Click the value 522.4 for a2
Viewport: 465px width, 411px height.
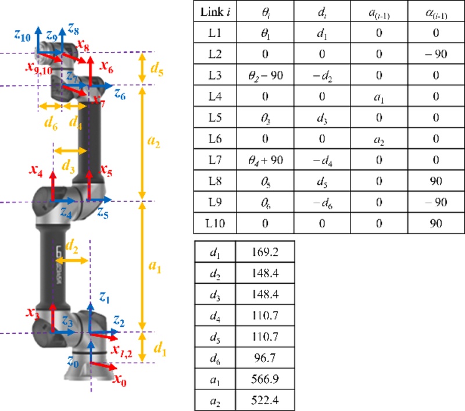[x=266, y=401]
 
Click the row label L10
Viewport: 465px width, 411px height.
[x=213, y=223]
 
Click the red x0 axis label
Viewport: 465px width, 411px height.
[x=119, y=381]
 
